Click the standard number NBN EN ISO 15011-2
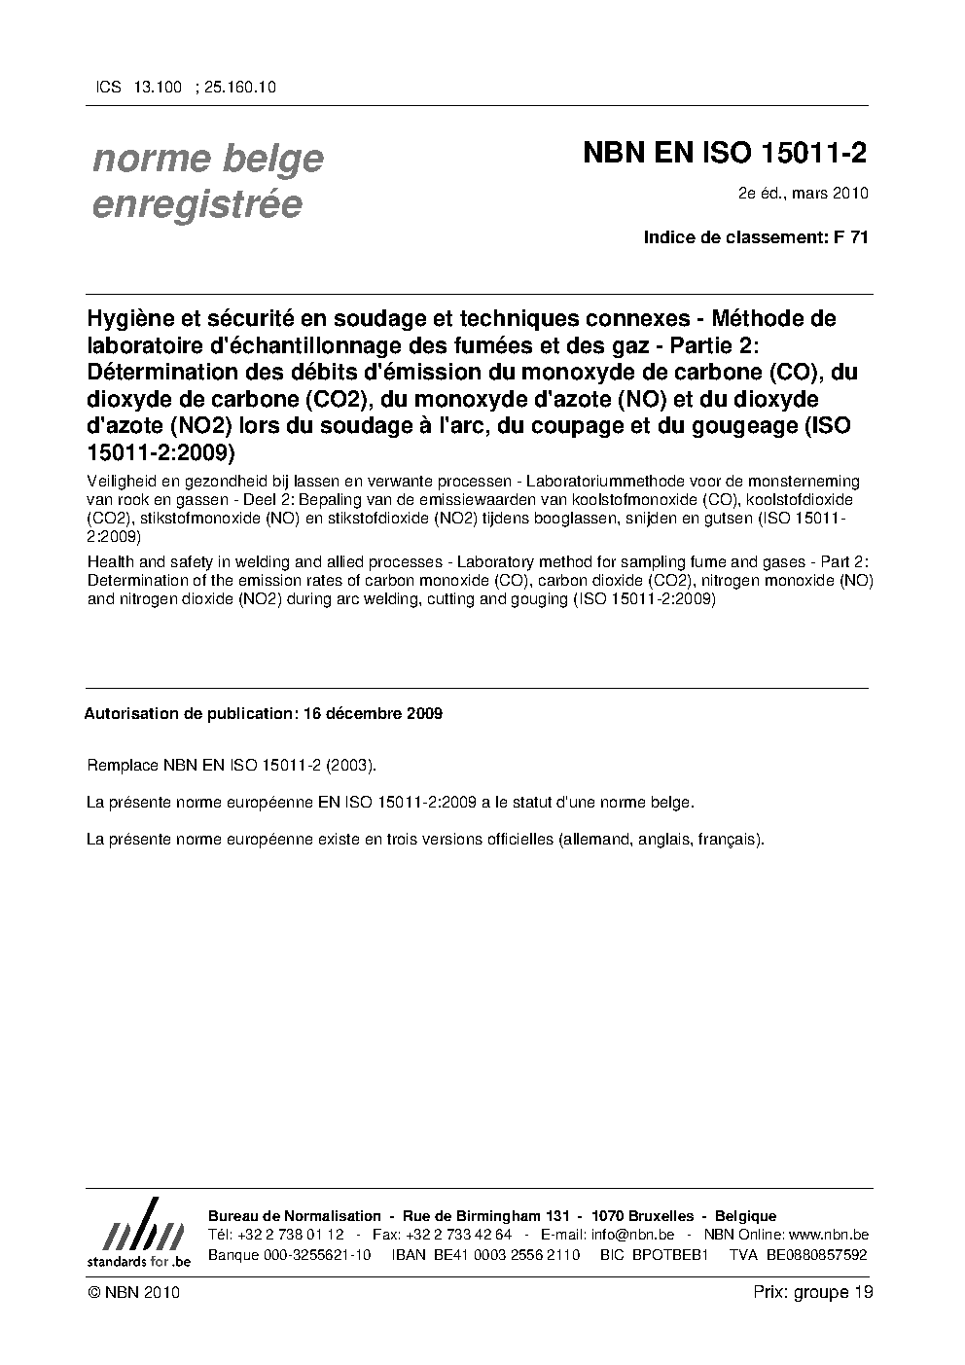(725, 154)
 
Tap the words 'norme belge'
(207, 159)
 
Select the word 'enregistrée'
(197, 204)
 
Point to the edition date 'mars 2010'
(830, 193)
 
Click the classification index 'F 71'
(851, 237)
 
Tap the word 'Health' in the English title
(109, 562)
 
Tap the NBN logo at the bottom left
(138, 1234)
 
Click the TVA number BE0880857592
(816, 1254)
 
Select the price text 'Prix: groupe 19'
(813, 1292)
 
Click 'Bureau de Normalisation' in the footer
(295, 1216)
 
